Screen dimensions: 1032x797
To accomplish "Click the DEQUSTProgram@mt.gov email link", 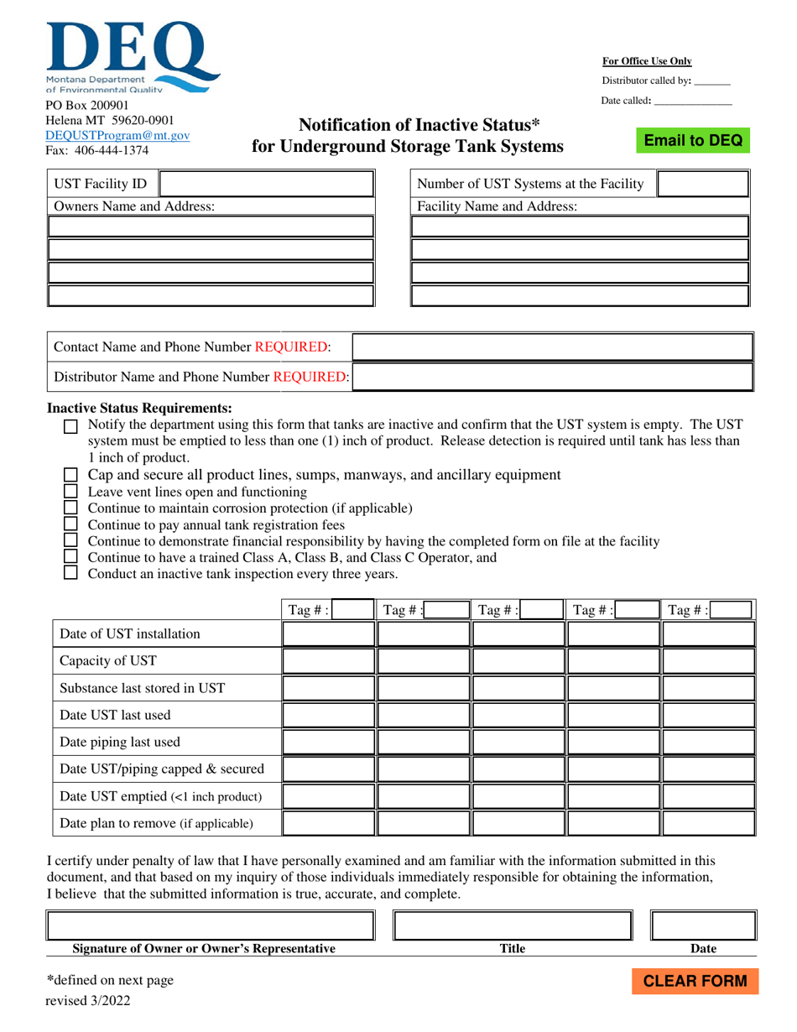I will tap(117, 135).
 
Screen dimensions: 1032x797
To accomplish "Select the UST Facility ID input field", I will tap(265, 184).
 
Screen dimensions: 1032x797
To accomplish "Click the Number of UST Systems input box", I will tap(702, 184).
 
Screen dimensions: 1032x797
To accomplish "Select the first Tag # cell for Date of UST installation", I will tap(328, 634).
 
